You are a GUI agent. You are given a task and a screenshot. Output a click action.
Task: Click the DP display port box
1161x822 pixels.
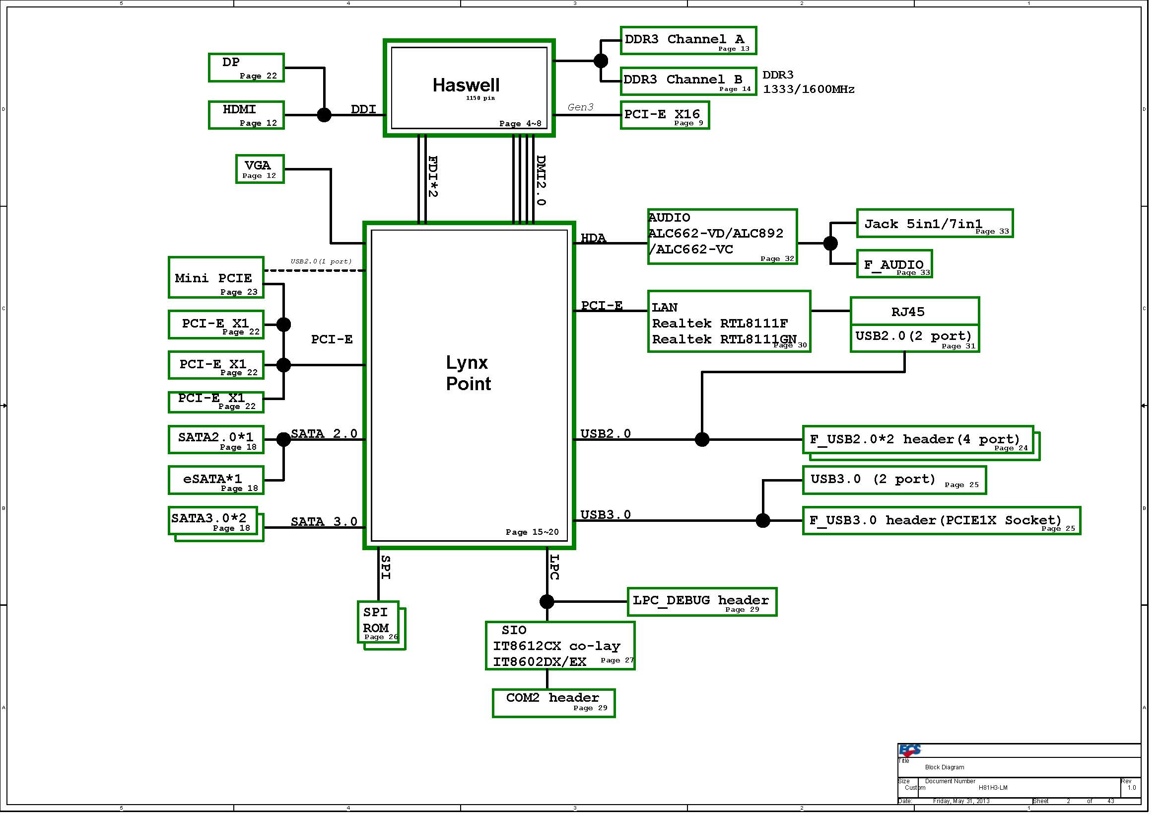click(246, 67)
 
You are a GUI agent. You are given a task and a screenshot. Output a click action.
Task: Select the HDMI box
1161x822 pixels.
click(246, 115)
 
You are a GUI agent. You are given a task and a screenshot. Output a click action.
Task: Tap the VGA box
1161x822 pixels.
click(260, 169)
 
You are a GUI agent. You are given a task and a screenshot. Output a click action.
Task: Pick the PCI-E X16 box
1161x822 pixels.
click(665, 115)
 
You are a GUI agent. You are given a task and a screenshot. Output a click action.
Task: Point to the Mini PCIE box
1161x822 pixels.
click(216, 277)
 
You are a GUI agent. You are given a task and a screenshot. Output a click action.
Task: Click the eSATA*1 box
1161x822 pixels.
click(216, 481)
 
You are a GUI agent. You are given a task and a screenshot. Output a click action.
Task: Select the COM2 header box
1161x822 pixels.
click(554, 703)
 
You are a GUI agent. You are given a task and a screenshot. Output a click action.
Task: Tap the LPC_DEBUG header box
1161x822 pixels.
click(702, 602)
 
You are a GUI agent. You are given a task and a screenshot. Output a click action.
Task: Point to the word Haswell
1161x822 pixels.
click(466, 85)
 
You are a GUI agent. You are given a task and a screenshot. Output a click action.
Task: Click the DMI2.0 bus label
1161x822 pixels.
click(541, 180)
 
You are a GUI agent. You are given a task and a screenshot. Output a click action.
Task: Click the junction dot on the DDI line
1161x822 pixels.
click(324, 115)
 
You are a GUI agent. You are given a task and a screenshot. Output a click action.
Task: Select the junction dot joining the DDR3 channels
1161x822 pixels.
click(600, 61)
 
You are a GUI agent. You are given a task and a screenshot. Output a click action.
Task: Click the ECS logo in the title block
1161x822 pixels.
click(909, 750)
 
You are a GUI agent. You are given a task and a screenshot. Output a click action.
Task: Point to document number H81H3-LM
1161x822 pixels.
click(993, 788)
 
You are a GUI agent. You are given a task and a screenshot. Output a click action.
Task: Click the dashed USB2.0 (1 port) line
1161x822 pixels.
click(315, 270)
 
